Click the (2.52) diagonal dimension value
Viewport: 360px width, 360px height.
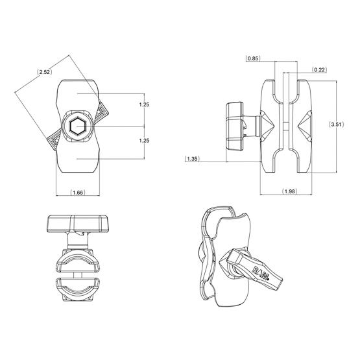click(x=45, y=71)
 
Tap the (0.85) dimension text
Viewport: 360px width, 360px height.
click(x=254, y=59)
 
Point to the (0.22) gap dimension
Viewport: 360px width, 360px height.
click(x=318, y=69)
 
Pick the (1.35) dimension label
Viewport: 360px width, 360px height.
click(x=192, y=158)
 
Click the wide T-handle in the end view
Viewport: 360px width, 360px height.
click(x=77, y=224)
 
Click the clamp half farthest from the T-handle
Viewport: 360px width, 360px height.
click(x=77, y=291)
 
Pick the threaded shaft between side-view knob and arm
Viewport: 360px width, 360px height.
click(x=250, y=125)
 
